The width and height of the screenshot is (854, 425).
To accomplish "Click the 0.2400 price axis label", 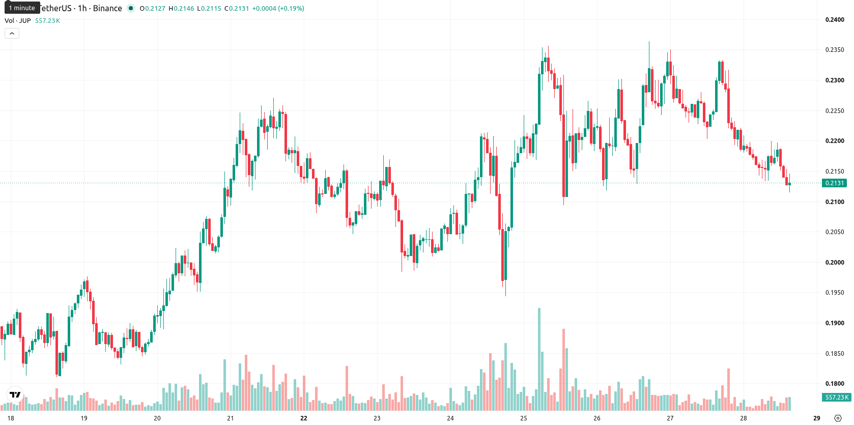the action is [835, 20].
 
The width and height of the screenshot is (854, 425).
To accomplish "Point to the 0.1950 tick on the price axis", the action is [835, 293].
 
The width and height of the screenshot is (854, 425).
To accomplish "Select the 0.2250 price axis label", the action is [835, 111].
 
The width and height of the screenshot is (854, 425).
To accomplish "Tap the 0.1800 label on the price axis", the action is [835, 384].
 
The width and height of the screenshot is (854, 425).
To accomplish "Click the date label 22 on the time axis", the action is [303, 418].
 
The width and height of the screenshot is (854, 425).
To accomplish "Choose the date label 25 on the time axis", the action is [524, 418].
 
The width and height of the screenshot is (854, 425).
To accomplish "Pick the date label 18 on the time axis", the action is [11, 418].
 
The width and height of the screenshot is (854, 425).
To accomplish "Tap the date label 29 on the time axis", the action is [817, 418].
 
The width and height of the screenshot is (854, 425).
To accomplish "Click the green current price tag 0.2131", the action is [835, 183].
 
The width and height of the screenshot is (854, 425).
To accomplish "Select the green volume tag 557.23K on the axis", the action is [837, 397].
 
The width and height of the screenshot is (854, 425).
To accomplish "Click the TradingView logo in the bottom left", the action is [15, 395].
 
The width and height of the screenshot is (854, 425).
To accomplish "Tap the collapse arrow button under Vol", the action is [12, 34].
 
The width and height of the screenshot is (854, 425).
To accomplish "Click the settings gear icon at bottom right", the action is [838, 418].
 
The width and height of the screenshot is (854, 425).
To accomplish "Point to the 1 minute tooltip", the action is [22, 8].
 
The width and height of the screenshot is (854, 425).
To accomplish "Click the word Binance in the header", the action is [107, 8].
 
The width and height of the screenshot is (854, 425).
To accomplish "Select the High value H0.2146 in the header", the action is [181, 8].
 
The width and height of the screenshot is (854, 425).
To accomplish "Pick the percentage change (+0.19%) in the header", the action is [291, 8].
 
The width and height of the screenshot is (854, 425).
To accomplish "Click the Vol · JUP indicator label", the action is [17, 20].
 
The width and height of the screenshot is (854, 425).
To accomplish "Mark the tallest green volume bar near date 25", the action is [539, 359].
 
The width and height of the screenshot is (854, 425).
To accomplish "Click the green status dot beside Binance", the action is [131, 8].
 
